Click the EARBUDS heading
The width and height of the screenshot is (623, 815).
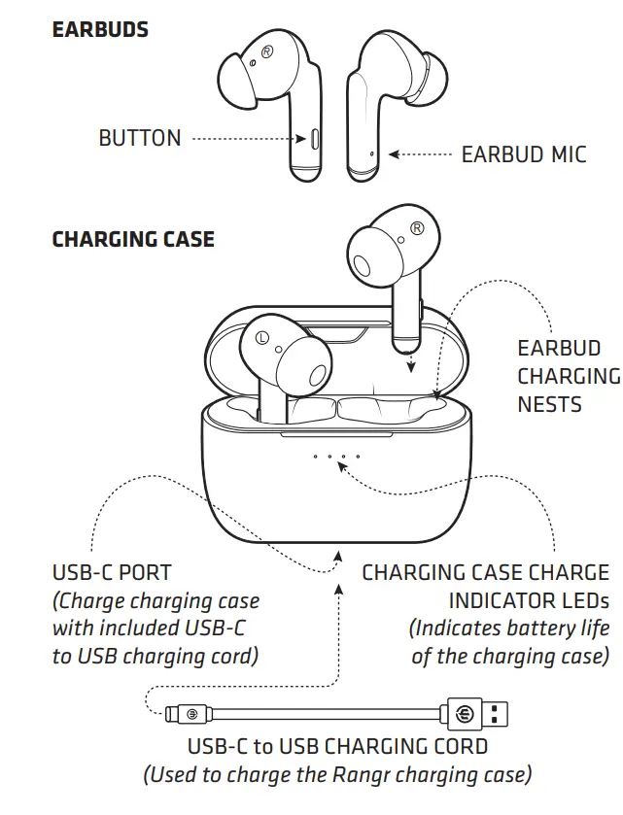coord(100,29)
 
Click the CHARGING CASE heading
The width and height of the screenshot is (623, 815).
coord(133,239)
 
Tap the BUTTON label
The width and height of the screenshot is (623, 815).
coord(140,139)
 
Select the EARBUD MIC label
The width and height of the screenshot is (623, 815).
coord(524,154)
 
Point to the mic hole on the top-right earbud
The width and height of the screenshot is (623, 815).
coord(372,153)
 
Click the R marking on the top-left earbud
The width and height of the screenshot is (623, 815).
coord(266,48)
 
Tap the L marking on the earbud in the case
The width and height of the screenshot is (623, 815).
coord(261,338)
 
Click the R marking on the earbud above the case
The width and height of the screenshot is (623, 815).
coord(416,228)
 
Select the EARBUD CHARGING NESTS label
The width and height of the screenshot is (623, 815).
coord(568,376)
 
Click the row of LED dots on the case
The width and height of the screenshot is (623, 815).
coord(336,456)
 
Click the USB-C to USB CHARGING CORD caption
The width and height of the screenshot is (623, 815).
coord(337,747)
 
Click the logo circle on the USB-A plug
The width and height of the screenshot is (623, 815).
coord(463,714)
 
